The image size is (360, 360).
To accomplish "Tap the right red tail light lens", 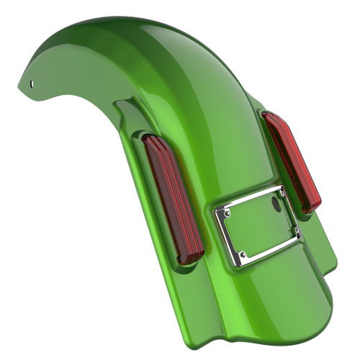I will point(292,163).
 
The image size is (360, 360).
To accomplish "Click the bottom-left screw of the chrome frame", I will point(243,254).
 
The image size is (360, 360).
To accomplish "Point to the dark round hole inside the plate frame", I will point(275,204).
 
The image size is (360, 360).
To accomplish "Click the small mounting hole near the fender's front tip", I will point(32,83).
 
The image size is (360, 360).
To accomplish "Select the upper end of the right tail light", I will point(270,117).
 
